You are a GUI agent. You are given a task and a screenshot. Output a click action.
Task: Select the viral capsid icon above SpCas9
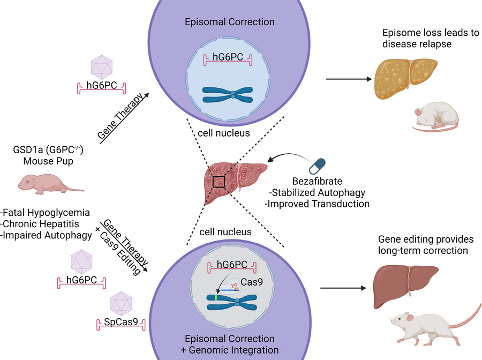120,303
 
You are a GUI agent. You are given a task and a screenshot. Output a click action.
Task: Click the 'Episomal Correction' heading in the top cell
229,22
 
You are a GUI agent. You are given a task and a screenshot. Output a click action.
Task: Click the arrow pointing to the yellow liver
349,79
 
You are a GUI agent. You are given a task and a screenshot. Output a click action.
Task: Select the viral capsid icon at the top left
101,66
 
